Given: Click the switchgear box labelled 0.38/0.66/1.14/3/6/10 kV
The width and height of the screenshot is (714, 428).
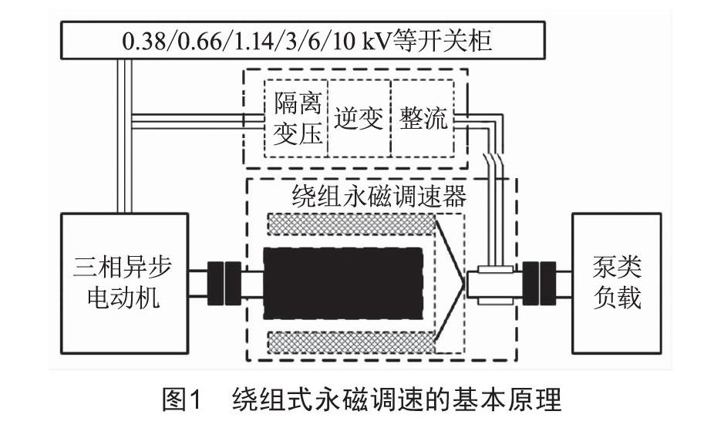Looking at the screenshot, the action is click(303, 40).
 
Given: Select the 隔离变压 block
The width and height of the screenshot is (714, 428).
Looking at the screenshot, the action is click(296, 119).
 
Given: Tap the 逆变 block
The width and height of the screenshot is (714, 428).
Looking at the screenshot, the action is click(359, 119).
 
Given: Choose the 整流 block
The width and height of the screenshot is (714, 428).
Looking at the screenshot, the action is click(423, 119).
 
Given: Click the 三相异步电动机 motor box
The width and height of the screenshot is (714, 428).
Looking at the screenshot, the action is click(124, 283).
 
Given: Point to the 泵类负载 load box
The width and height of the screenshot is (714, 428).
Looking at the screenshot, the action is click(617, 283).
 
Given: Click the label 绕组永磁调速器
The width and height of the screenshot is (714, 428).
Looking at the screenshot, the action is click(379, 196).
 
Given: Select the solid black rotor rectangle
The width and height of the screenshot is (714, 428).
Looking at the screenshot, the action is click(343, 283).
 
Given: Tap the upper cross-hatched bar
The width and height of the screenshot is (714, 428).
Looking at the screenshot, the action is click(351, 224).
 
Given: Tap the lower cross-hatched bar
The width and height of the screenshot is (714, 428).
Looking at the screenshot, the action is click(351, 342).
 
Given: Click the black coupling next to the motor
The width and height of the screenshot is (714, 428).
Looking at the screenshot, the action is click(224, 283).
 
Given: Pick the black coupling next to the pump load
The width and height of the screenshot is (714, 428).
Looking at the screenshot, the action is click(539, 283).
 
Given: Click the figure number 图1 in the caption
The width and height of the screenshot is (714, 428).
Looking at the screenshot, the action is click(181, 399).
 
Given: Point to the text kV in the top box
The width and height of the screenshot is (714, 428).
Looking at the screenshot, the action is click(377, 40).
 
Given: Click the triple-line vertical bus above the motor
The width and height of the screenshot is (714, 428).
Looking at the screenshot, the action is click(124, 136).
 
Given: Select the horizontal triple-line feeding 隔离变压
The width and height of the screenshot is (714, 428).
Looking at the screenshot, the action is click(198, 122).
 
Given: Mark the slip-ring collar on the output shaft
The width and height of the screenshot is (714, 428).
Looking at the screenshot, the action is click(495, 285).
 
